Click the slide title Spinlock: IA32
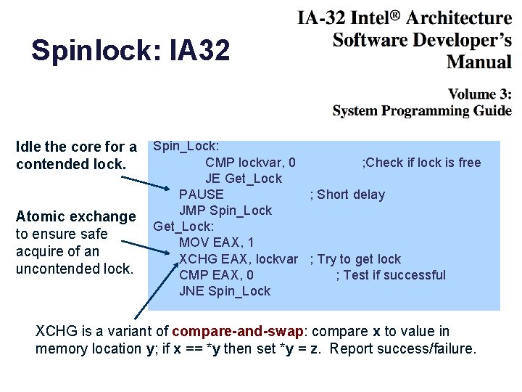pos(130,50)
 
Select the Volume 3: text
pos(479,94)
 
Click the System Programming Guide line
pos(422,111)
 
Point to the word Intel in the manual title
pos(366,17)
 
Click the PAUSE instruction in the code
pos(202,195)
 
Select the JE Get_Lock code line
pos(244,179)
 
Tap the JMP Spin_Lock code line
pos(225,211)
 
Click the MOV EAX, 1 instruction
pos(217,242)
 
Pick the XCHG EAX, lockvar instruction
pos(239,259)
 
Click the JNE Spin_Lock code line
pos(225,291)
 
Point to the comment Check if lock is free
pos(421,163)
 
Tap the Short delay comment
pos(347,195)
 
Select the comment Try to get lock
pos(355,259)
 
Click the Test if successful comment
pos(391,275)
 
